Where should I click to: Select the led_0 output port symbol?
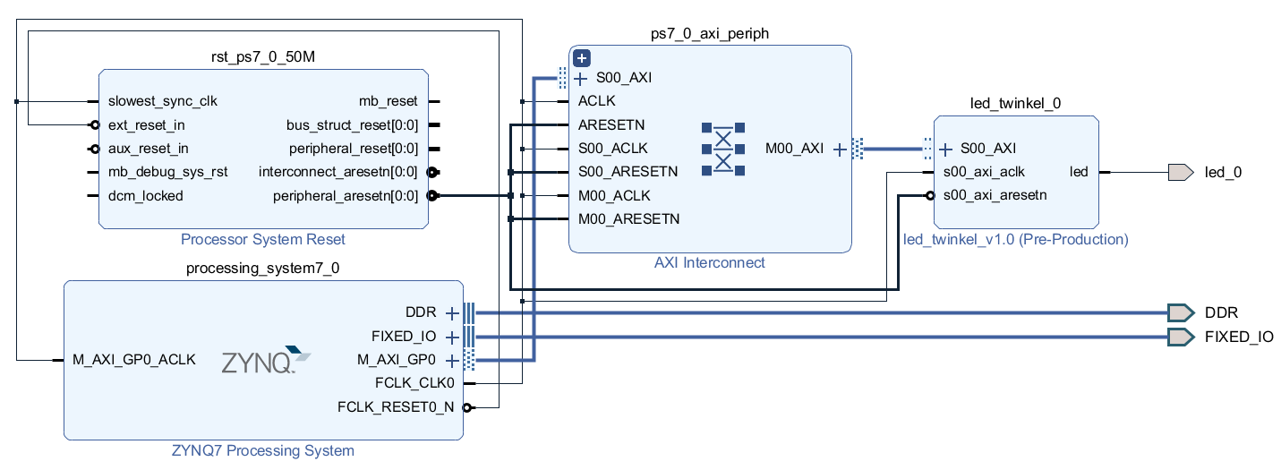1180,172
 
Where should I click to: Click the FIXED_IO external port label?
1239,337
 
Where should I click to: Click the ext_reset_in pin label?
146,125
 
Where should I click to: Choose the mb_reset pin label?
389,101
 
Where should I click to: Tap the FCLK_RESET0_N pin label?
396,407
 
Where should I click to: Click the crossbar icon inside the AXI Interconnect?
723,149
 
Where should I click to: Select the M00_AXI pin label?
794,149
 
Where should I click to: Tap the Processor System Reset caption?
263,239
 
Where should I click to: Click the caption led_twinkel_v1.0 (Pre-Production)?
1016,239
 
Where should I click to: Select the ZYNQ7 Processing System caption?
263,450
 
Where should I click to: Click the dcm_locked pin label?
145,195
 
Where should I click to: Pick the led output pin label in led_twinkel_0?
1079,172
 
